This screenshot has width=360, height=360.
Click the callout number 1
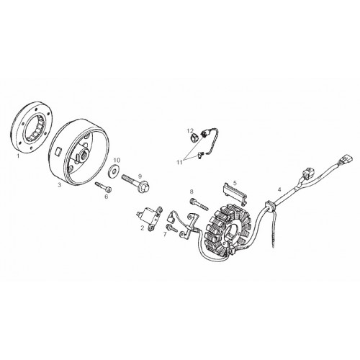click(x=18, y=156)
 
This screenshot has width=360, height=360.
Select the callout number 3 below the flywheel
click(x=60, y=184)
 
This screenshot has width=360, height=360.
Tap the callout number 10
click(x=117, y=160)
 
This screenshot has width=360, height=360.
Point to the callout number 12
click(x=190, y=131)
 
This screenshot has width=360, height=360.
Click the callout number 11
click(x=180, y=163)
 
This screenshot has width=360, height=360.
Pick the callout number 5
click(x=235, y=183)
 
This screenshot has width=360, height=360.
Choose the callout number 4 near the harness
click(x=279, y=189)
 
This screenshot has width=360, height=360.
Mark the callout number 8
click(x=192, y=192)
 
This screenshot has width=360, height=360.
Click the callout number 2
click(x=143, y=228)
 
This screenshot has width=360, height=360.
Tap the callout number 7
click(x=165, y=234)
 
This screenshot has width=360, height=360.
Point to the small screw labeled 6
click(x=104, y=186)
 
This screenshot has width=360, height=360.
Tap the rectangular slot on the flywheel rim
click(x=58, y=153)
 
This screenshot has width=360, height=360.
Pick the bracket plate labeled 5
click(x=235, y=193)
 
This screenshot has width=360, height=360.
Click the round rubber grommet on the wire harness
click(x=270, y=206)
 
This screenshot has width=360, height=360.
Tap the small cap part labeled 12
click(x=193, y=138)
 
